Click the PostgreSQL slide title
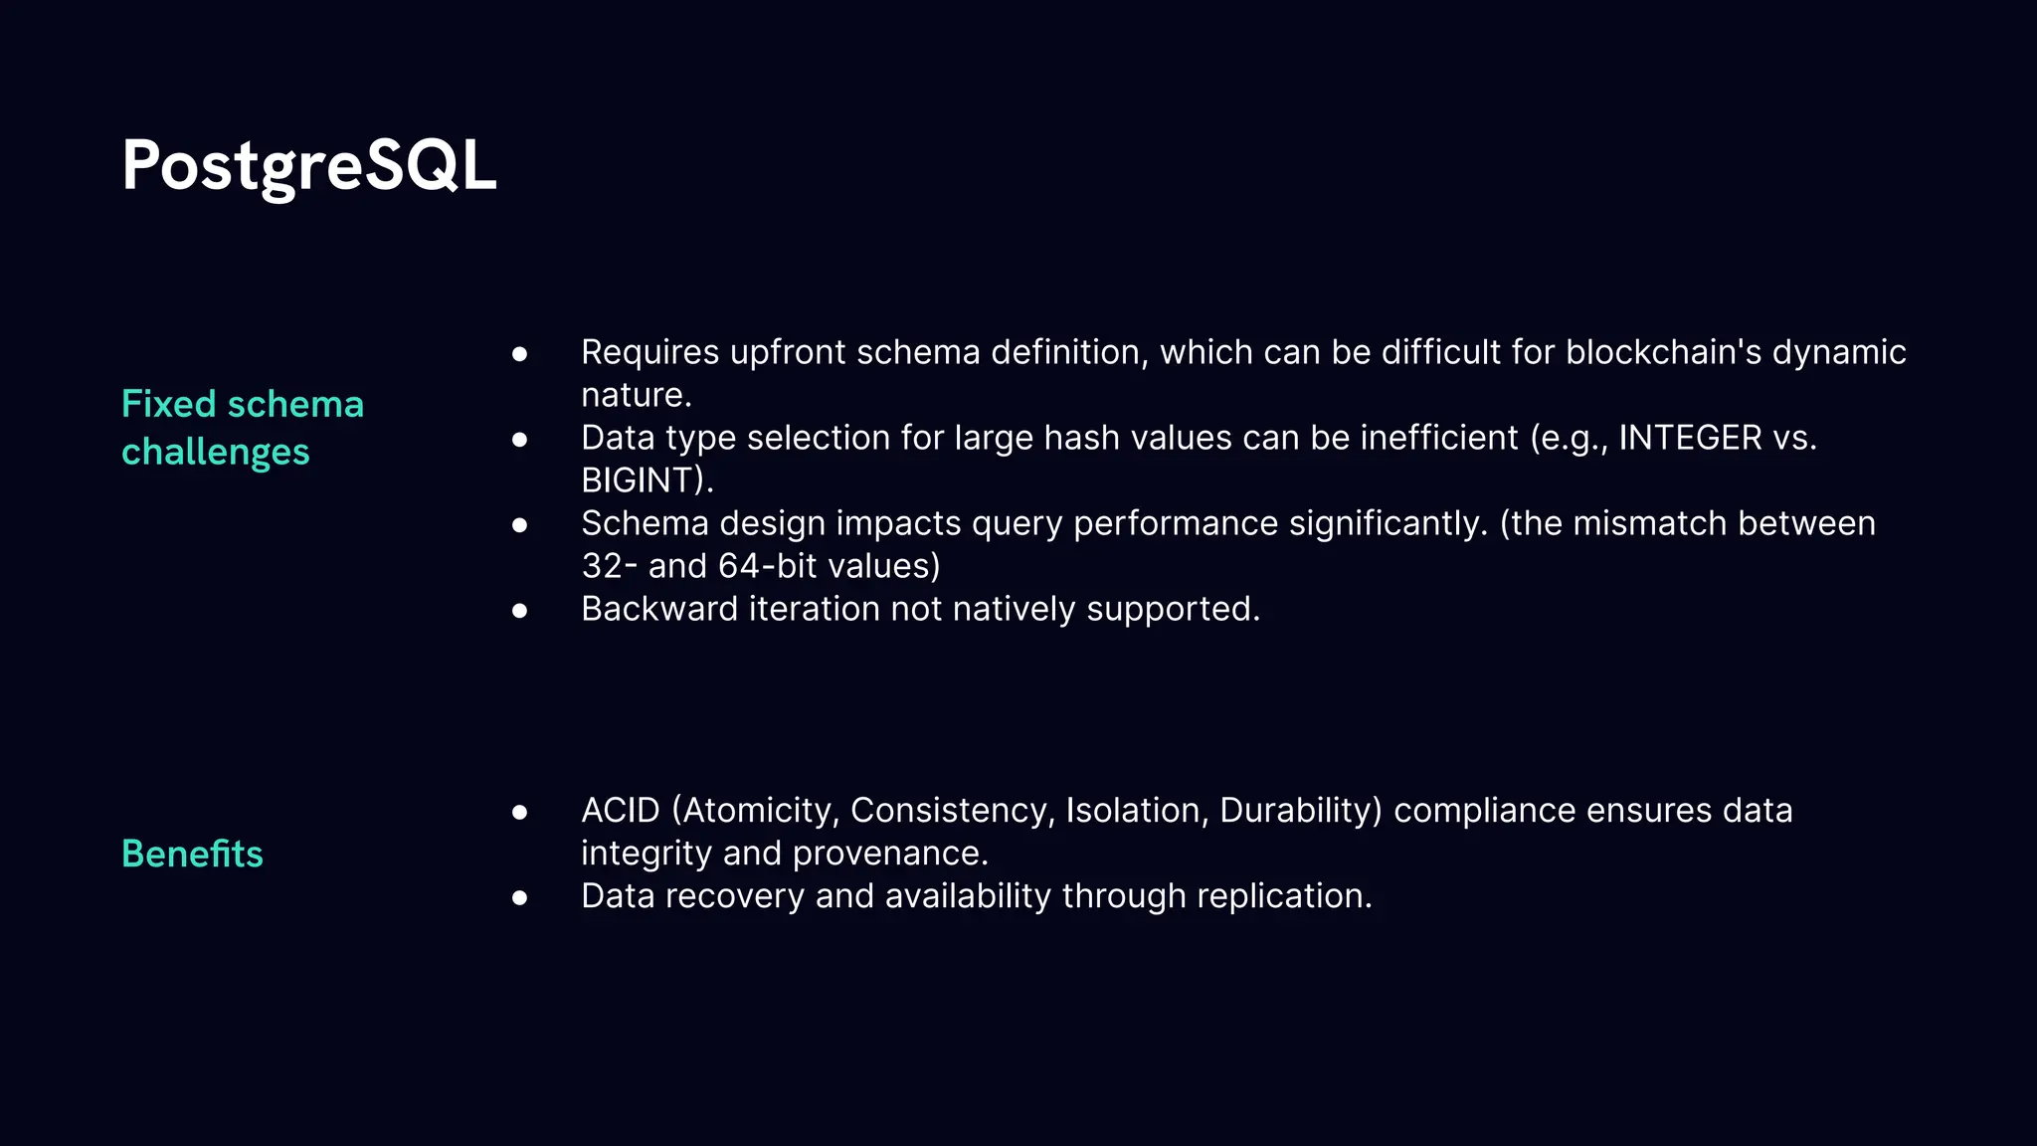[308, 166]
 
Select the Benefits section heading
[192, 854]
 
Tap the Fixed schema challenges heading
[242, 428]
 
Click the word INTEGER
[1690, 438]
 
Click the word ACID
[620, 811]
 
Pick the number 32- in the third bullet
[609, 566]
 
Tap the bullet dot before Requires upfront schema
[519, 353]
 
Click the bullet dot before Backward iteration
[519, 610]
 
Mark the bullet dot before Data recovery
[519, 897]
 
